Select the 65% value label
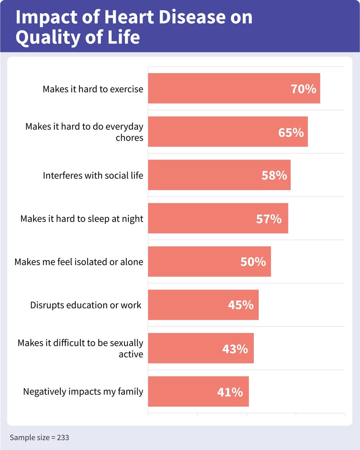click(x=291, y=132)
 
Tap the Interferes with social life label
click(x=93, y=175)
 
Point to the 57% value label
click(x=269, y=219)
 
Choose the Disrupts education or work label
click(x=86, y=305)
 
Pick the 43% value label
click(x=235, y=349)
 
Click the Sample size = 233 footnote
click(x=39, y=438)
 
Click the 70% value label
click(x=303, y=88)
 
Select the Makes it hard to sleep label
click(x=82, y=219)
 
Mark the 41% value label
click(x=230, y=392)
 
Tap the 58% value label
click(x=274, y=175)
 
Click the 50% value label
click(x=253, y=262)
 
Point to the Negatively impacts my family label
click(x=83, y=392)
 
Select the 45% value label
click(x=241, y=305)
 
